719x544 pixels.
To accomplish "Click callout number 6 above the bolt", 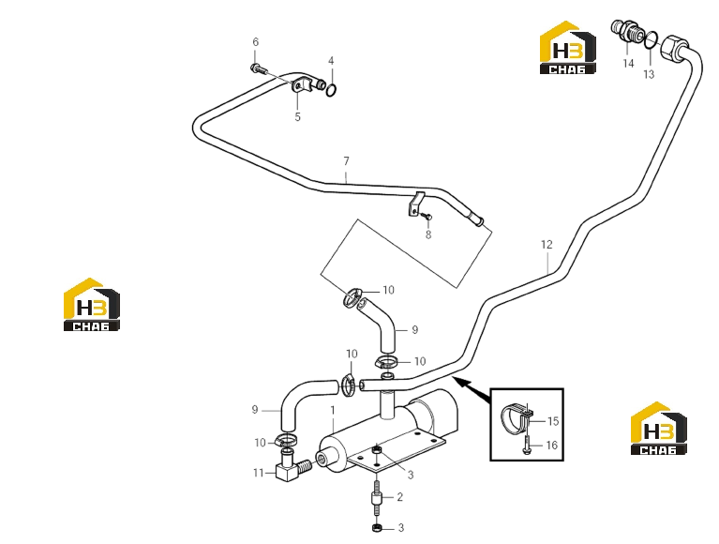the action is click(255, 42).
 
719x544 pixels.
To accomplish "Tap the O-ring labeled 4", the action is click(332, 90).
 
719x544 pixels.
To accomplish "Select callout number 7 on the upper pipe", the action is click(346, 161).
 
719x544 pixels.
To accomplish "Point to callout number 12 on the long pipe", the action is click(547, 245).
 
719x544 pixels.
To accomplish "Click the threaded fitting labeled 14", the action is click(626, 30).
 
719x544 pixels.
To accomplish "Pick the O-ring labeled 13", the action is click(651, 40).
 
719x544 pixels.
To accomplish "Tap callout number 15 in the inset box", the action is click(553, 421).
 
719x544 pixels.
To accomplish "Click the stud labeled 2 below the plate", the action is click(376, 497).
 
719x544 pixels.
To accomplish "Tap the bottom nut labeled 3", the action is click(377, 528).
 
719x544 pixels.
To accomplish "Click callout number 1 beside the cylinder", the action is click(333, 410).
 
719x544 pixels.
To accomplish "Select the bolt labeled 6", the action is click(260, 69).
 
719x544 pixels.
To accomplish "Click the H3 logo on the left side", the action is click(92, 304).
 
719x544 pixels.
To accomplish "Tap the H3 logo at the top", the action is click(568, 47).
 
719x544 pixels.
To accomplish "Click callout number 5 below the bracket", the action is click(297, 117).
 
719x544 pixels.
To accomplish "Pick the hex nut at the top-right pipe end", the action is click(673, 47).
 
